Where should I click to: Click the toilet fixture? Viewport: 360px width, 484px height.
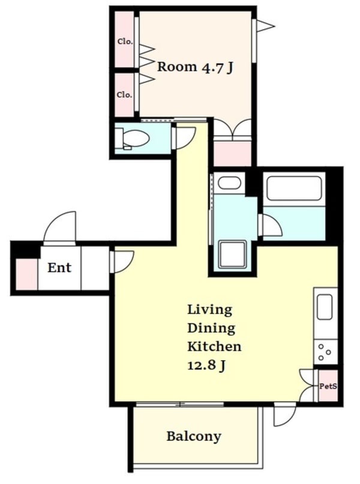(133, 139)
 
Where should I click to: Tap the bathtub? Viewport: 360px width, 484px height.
(294, 189)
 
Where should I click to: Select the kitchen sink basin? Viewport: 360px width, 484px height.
(325, 307)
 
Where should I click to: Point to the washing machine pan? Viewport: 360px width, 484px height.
(232, 254)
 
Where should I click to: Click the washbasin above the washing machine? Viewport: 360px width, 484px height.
(229, 183)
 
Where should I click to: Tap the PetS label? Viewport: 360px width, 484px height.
(328, 386)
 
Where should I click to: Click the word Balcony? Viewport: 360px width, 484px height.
(194, 437)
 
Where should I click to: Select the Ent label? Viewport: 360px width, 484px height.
(59, 268)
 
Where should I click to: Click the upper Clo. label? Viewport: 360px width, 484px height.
(125, 41)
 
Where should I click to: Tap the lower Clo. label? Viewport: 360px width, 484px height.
(125, 95)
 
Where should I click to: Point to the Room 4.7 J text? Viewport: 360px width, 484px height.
(195, 67)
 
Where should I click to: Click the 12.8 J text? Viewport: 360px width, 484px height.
(206, 366)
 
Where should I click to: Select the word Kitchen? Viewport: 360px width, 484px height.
(214, 346)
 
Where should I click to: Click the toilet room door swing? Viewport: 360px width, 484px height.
(184, 139)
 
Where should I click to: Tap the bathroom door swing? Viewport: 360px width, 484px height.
(271, 225)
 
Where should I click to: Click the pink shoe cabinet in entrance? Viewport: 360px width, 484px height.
(26, 274)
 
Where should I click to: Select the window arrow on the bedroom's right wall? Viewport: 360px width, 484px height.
(264, 26)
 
